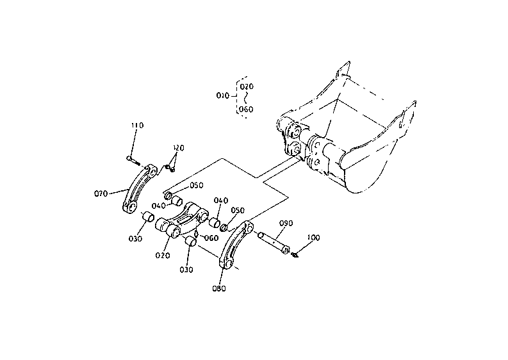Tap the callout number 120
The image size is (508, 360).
[178, 148]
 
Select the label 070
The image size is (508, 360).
[101, 192]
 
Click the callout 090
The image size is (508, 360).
[286, 223]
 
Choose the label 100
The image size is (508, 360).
[314, 237]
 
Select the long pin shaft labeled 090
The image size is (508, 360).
[274, 242]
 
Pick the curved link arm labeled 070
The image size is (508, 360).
[138, 188]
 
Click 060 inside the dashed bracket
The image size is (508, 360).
[246, 109]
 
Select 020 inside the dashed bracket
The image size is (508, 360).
[246, 86]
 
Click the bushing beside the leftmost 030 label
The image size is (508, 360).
[147, 217]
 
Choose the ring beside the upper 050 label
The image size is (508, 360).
[169, 194]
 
